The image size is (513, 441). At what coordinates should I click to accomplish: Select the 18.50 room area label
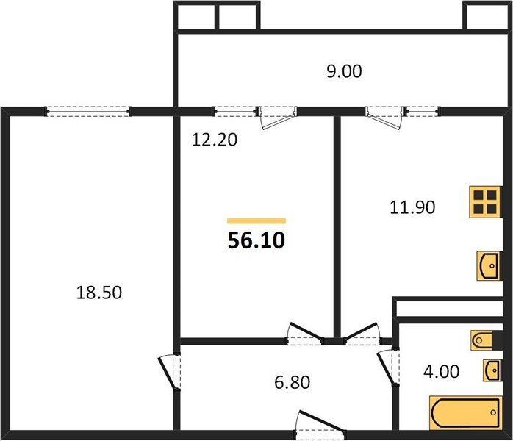point(98,293)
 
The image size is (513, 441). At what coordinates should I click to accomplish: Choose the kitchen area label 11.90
point(412,207)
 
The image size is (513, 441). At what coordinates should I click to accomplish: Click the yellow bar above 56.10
point(256,220)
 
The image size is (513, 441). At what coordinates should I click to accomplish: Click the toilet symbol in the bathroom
point(484,340)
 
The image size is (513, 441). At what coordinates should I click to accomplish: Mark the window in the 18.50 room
point(88,112)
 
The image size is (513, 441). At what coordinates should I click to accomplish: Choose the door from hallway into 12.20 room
point(305,334)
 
